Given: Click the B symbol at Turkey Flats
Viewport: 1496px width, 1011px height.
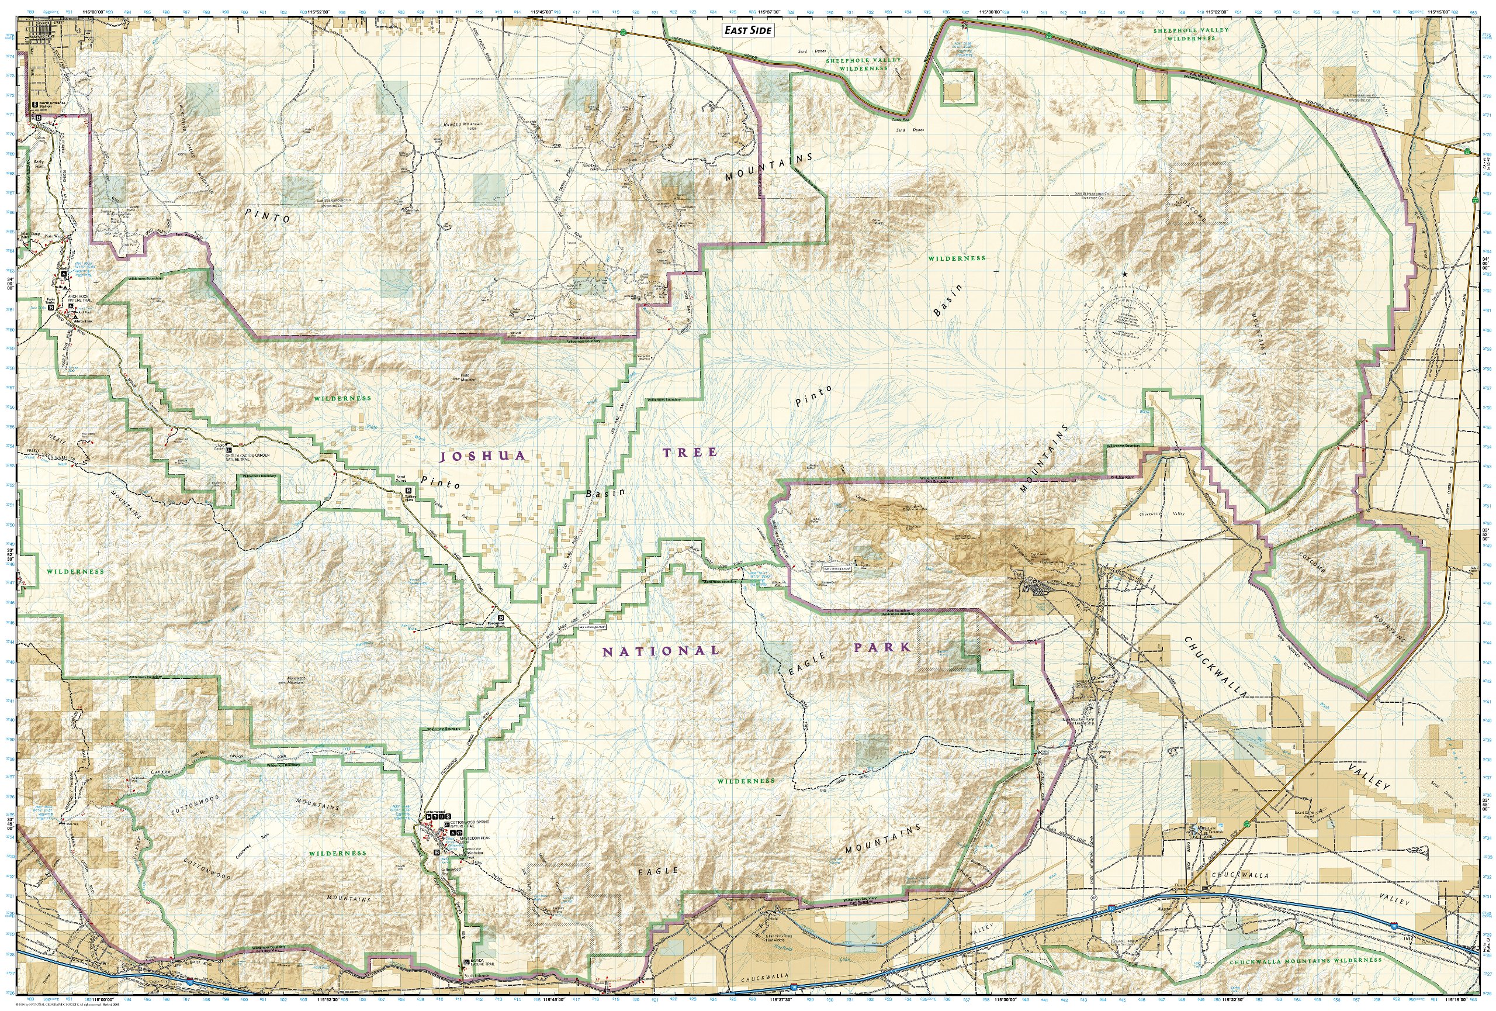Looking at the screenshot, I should tap(408, 491).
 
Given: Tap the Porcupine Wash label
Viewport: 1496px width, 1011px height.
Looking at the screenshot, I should tap(496, 624).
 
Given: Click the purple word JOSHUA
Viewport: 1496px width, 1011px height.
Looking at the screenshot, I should tap(482, 456).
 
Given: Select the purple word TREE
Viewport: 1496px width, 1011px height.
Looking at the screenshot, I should tap(690, 453).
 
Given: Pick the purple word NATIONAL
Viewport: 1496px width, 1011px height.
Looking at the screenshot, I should tap(660, 651).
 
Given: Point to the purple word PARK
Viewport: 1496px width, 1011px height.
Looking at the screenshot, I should tap(882, 647).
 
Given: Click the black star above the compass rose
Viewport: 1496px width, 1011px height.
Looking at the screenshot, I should tap(1124, 274).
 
